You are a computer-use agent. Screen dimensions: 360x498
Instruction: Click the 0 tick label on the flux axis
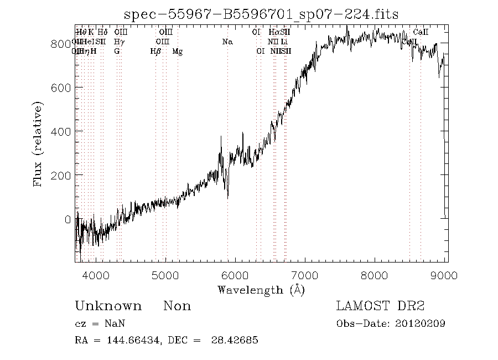coord(68,219)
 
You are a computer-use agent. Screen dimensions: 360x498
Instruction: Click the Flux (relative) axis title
coord(38,143)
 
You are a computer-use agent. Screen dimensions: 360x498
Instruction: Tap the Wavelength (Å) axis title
coord(261,290)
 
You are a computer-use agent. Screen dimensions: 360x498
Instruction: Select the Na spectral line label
coord(227,42)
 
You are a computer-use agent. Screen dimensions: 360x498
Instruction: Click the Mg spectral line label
coord(178,52)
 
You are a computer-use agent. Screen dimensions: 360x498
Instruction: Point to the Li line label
coord(284,42)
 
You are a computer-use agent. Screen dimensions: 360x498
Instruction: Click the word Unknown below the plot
coord(108,306)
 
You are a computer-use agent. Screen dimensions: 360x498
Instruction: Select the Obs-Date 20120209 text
coord(391,323)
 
